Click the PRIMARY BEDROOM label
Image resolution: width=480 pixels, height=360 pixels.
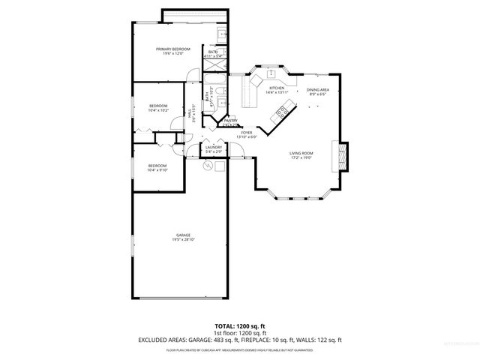[172, 49]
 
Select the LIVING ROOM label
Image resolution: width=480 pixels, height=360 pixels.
[301, 154]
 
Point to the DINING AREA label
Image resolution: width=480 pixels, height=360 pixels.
[317, 89]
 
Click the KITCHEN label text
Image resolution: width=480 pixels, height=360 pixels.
[277, 88]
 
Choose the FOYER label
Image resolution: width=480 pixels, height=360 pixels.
[247, 132]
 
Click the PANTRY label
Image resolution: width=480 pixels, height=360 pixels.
[230, 120]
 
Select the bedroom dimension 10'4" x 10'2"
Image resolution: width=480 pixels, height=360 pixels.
[157, 110]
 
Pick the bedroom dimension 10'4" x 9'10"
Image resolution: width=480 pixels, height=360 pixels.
[157, 169]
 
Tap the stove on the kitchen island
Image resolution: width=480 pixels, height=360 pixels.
[282, 112]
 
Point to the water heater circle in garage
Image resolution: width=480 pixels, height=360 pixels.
[209, 167]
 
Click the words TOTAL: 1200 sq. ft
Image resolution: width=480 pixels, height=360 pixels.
[240, 326]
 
